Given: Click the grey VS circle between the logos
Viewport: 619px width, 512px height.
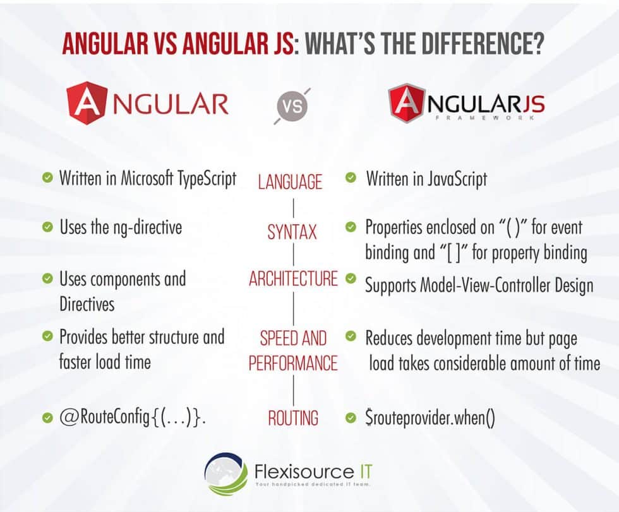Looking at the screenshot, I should pos(292,106).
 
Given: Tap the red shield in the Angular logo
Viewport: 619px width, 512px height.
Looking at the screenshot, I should pos(87,104).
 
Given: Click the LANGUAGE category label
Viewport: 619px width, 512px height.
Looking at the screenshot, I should pos(290,182).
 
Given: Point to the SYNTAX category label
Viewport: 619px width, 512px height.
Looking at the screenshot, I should pos(292,232).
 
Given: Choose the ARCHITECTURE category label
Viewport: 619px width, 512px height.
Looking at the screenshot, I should pos(293,279).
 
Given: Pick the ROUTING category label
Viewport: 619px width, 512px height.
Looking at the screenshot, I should pos(292,418).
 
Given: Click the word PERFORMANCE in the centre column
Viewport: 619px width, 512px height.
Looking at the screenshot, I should pos(293,363).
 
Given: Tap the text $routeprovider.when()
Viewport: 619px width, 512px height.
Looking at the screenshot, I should pos(430,418).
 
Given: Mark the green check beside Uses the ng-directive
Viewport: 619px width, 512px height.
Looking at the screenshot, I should pos(47,227).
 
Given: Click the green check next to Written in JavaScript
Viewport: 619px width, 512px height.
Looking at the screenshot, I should pos(351,178).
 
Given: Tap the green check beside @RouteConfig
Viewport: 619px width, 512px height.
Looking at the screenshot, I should pos(47,418).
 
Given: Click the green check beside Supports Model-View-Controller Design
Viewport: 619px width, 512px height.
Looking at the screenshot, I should pos(351,278).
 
